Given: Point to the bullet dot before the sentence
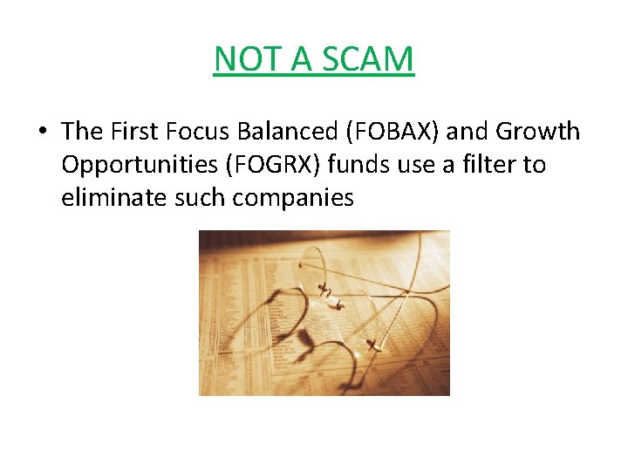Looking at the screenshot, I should click(x=42, y=133).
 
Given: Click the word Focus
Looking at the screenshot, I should click(x=192, y=132).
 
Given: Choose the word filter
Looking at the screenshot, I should click(x=490, y=165).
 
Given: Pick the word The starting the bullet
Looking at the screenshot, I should click(x=82, y=132).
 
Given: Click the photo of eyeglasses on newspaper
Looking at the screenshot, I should click(x=324, y=312).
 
